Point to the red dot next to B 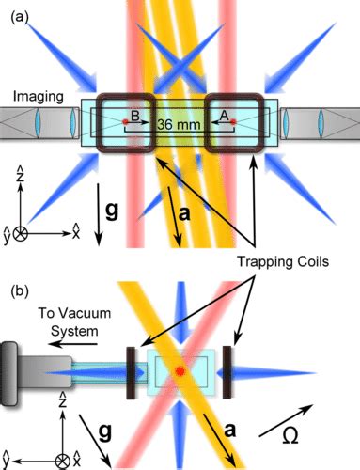(x=125, y=122)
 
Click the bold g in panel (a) (x=112, y=211)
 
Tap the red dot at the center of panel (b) (x=180, y=373)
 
